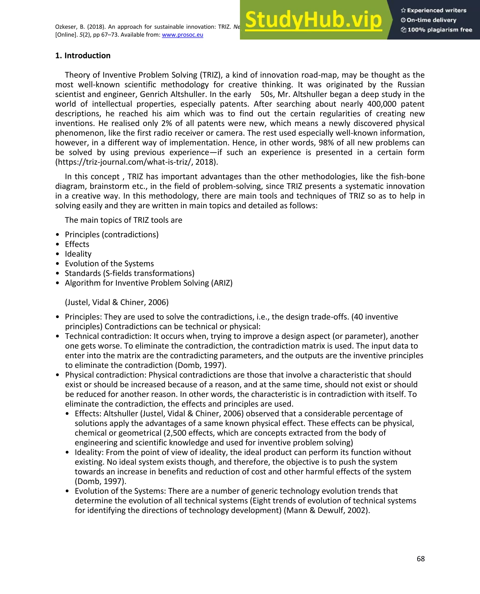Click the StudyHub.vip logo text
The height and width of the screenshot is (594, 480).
pyautogui.click(x=313, y=20)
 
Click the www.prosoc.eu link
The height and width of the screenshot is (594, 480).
pyautogui.click(x=183, y=35)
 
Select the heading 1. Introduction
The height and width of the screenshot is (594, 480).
pyautogui.click(x=83, y=56)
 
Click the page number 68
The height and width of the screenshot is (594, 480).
pyautogui.click(x=420, y=559)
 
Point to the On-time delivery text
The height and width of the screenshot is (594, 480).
pyautogui.click(x=431, y=20)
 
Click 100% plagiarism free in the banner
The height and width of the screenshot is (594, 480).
pyautogui.click(x=439, y=30)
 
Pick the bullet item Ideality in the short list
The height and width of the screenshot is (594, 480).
pyautogui.click(x=78, y=254)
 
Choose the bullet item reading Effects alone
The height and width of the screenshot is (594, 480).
pyautogui.click(x=77, y=244)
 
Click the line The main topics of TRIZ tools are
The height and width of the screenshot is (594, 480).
pyautogui.click(x=123, y=220)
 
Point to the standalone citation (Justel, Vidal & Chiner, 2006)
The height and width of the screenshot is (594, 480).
pyautogui.click(x=116, y=302)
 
